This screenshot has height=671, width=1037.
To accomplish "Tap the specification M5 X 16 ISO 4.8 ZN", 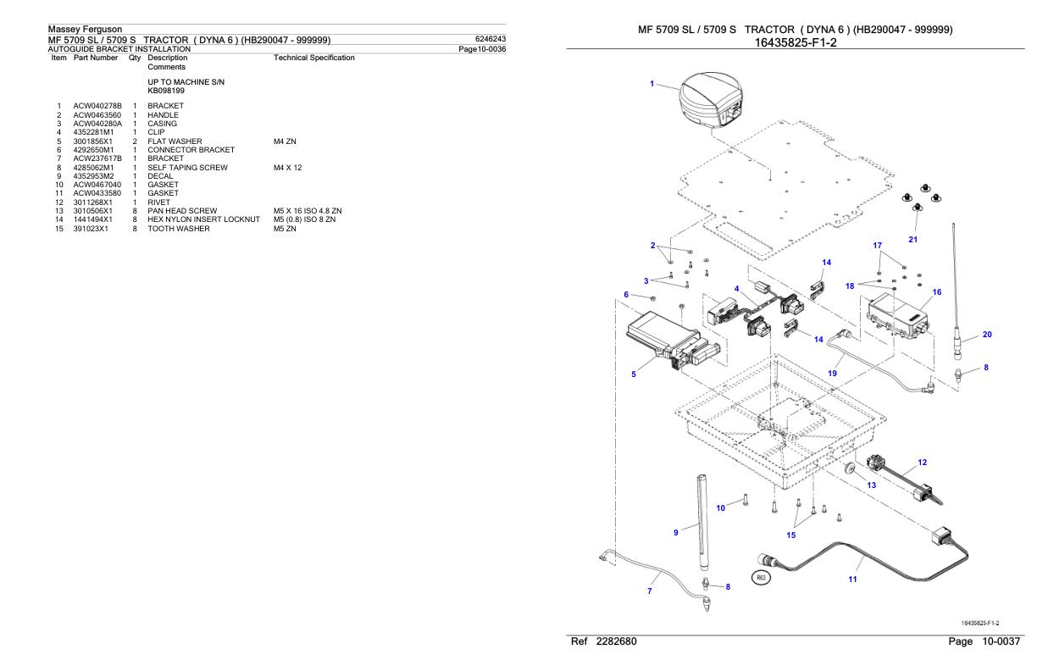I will coord(308,210).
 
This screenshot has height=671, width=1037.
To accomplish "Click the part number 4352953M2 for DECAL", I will coord(93,175).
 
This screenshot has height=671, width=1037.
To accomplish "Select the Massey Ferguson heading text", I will coord(85,30).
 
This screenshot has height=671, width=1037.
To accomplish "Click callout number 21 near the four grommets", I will coord(912,240).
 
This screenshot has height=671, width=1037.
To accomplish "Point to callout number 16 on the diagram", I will coord(936,292).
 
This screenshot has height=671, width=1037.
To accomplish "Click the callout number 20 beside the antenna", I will coord(987,335).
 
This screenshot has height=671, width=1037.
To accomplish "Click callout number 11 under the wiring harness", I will coord(852,579).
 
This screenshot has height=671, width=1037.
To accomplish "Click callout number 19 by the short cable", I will coord(834,372).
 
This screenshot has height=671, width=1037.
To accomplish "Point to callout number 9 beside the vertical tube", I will coord(675,532).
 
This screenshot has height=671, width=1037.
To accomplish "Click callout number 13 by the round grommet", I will coord(871,485).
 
